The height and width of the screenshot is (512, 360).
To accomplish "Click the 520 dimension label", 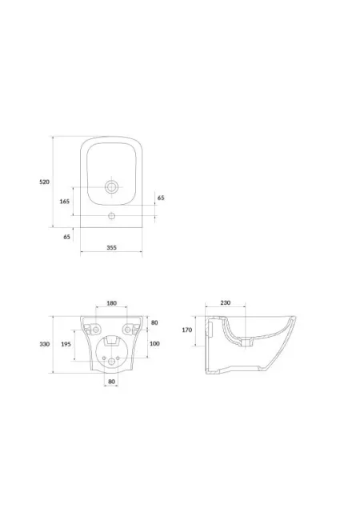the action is (x=45, y=182).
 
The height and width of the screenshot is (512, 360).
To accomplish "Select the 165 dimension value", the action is (x=65, y=202).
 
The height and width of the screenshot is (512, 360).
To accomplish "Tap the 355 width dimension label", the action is (x=112, y=247).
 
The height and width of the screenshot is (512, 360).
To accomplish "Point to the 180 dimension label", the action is (x=112, y=303).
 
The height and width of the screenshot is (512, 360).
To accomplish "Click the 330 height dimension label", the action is (x=45, y=344).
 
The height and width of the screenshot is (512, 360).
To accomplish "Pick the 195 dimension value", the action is (x=66, y=344).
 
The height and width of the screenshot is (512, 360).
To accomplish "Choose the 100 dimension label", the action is (x=154, y=343).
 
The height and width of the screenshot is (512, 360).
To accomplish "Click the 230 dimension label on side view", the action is (x=226, y=302).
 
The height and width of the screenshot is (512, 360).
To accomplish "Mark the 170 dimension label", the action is (x=187, y=330).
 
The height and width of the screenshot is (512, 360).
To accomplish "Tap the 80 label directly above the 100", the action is (x=154, y=322).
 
